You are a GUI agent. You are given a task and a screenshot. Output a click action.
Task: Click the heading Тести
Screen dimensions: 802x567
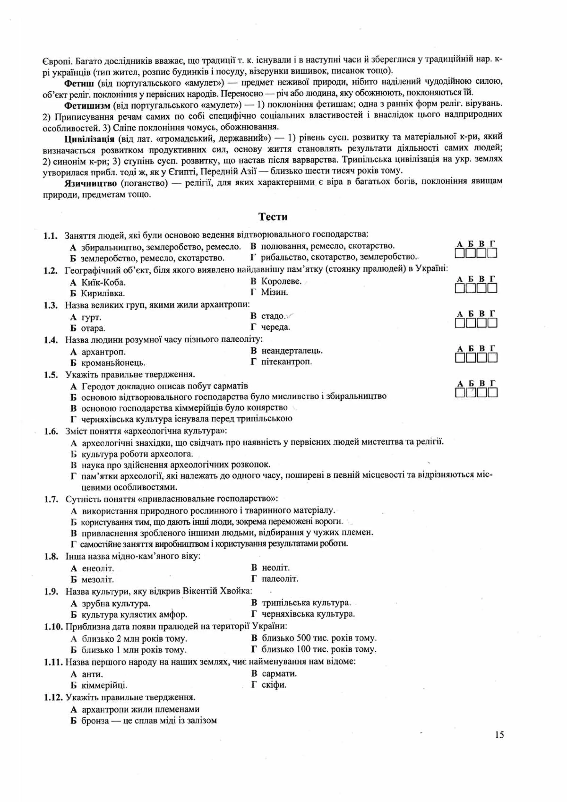click(273, 217)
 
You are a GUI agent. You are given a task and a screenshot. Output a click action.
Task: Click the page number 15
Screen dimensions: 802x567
click(499, 735)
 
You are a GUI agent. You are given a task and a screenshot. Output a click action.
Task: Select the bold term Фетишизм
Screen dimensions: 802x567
click(87, 105)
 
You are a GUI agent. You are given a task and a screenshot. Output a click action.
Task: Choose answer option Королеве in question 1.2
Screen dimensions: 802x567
click(281, 281)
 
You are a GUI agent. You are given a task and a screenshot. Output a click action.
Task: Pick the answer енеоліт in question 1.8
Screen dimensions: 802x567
click(98, 568)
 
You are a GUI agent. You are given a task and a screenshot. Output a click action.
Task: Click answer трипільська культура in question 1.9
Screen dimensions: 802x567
click(306, 603)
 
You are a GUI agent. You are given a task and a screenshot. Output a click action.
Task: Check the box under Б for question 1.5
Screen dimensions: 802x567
click(471, 393)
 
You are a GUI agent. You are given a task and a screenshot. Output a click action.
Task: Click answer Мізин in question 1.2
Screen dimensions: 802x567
click(274, 292)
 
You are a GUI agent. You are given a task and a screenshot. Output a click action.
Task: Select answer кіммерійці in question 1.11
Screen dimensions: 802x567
click(104, 685)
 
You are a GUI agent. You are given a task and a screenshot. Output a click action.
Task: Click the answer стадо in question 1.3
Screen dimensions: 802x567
click(273, 316)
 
